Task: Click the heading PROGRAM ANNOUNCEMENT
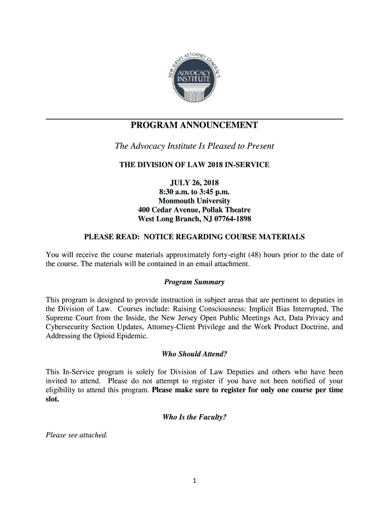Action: (194, 125)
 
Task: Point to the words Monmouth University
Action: (194, 201)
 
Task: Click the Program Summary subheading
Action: (194, 282)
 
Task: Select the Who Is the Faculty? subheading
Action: (194, 417)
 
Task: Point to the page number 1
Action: (194, 481)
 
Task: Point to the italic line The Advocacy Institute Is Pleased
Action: (194, 146)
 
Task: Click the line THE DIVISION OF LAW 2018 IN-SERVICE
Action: (194, 165)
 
